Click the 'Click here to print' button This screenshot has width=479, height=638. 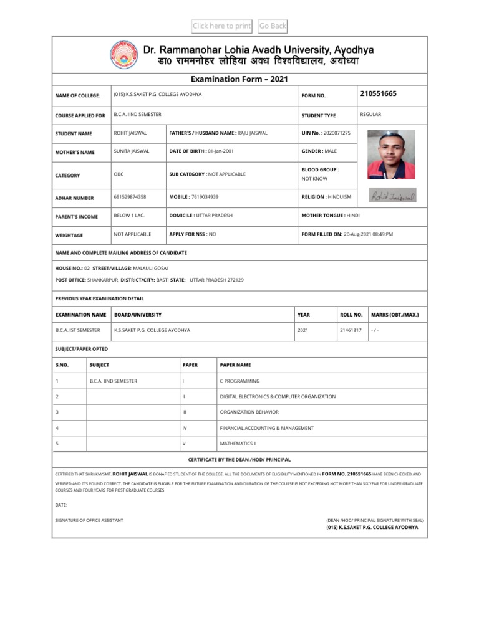[x=222, y=26]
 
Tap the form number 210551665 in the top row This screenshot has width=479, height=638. [x=378, y=93]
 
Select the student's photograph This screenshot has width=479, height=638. [x=391, y=155]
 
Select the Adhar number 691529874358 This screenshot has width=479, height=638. [x=130, y=197]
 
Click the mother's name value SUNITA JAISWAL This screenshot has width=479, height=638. [x=132, y=151]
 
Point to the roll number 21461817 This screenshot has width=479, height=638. [x=350, y=330]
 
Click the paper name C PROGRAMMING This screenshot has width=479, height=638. [x=240, y=380]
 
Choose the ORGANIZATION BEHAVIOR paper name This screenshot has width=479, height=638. [x=249, y=412]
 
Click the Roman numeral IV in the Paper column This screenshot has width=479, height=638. [x=185, y=428]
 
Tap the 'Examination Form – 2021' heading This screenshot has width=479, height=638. [x=239, y=79]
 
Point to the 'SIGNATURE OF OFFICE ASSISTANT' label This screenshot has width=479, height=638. [x=89, y=520]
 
